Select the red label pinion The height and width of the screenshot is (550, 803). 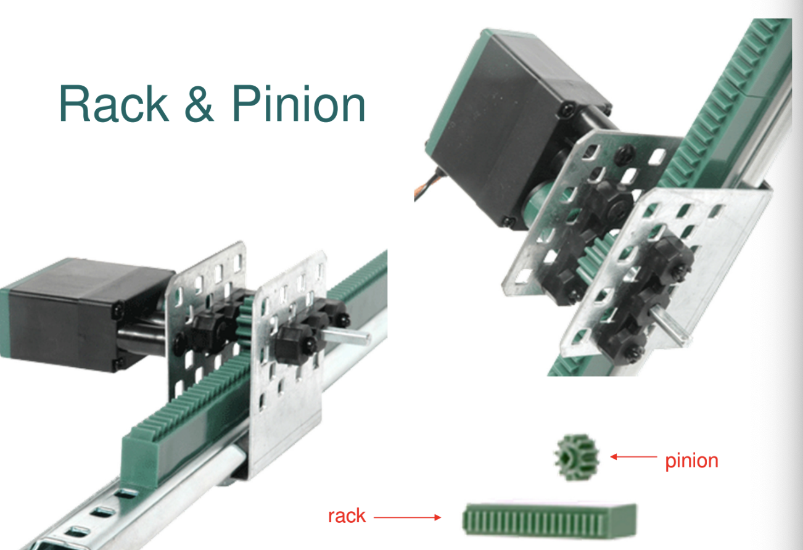(691, 460)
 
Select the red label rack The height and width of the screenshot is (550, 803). (347, 515)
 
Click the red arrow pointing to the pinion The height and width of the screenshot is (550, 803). (633, 457)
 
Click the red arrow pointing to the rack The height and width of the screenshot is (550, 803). (407, 517)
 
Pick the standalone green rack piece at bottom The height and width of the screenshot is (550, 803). (549, 517)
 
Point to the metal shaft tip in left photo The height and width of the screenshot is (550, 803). (364, 337)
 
